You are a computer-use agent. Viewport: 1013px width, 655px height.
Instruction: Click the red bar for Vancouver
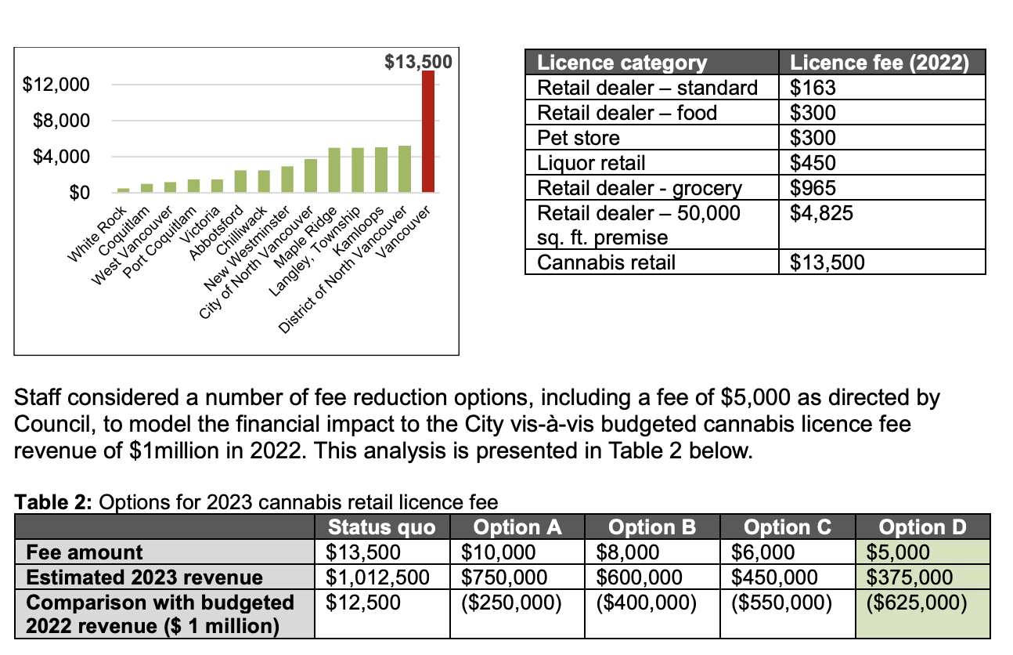pyautogui.click(x=428, y=132)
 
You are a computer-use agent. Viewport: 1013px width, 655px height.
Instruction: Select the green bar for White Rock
pyautogui.click(x=123, y=190)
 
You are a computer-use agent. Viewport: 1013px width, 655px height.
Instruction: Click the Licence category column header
pyautogui.click(x=622, y=63)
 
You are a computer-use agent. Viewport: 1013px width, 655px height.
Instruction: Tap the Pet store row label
pyautogui.click(x=578, y=138)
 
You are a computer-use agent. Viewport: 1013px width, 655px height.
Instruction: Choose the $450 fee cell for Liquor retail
pyautogui.click(x=813, y=163)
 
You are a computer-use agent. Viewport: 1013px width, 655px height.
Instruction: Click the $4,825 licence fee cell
pyautogui.click(x=819, y=213)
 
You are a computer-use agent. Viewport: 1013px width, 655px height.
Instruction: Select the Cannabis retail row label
pyautogui.click(x=606, y=262)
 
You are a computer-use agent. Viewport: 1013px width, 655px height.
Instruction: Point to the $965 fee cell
pyautogui.click(x=813, y=188)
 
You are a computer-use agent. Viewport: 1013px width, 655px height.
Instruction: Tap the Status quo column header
pyautogui.click(x=381, y=527)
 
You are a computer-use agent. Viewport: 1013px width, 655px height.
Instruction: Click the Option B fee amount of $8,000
pyautogui.click(x=627, y=552)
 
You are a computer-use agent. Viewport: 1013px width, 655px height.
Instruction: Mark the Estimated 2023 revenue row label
pyautogui.click(x=144, y=577)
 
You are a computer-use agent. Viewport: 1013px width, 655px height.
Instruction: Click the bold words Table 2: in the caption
pyautogui.click(x=51, y=501)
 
